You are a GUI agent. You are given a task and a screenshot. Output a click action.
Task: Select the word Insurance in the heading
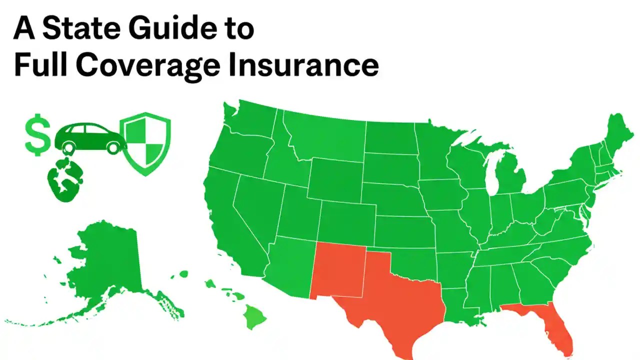[302, 66]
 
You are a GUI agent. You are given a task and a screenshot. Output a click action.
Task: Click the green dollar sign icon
[37, 134]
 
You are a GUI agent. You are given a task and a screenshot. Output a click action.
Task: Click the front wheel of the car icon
[115, 146]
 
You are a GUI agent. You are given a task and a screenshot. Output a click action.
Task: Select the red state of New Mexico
[337, 272]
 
